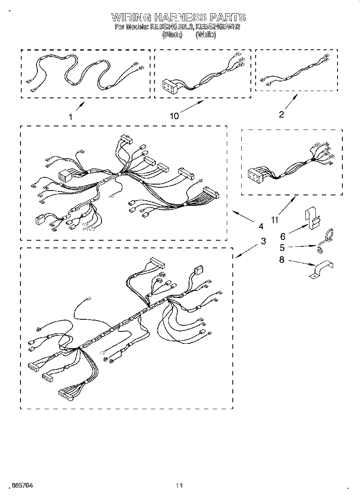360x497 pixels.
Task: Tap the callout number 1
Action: (x=70, y=117)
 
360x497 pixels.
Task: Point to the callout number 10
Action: (x=174, y=116)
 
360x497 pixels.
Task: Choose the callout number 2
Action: (x=281, y=115)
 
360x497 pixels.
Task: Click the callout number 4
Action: (x=261, y=226)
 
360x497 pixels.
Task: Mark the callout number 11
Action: (x=275, y=220)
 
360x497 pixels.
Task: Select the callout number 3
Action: (x=263, y=241)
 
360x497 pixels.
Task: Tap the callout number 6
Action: (x=283, y=237)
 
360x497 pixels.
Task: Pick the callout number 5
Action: (x=282, y=248)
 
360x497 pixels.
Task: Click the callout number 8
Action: (x=282, y=260)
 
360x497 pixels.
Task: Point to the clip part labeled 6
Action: (x=313, y=219)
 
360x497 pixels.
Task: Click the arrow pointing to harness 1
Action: (x=80, y=107)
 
